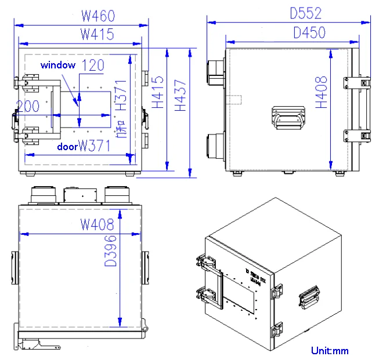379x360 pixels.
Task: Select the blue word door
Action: click(67, 147)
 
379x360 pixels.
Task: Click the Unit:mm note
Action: click(330, 350)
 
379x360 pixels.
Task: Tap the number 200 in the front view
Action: click(28, 106)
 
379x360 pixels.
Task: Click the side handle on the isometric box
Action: click(309, 296)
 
